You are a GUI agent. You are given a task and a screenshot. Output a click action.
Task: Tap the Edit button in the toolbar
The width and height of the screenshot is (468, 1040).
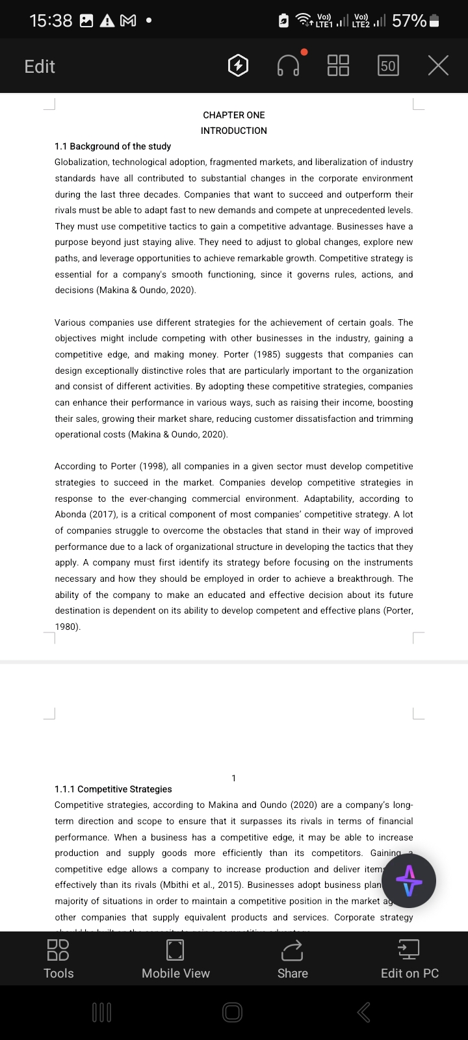[x=40, y=66]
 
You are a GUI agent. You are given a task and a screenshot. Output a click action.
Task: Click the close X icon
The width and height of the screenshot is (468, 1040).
[x=438, y=65]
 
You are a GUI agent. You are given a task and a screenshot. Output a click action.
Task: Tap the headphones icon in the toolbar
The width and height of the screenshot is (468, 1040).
[x=289, y=65]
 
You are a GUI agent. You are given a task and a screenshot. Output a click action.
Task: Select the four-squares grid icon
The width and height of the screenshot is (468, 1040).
[x=338, y=65]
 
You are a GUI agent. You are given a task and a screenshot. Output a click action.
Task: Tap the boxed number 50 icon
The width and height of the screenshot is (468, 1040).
[x=388, y=66]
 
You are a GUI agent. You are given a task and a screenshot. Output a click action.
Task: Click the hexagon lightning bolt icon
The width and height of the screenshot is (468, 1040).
[x=239, y=66]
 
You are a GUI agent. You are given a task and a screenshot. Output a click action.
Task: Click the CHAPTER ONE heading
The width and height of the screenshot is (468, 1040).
[x=234, y=115]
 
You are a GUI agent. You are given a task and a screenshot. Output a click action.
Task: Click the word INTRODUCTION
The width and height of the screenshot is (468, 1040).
[x=234, y=131]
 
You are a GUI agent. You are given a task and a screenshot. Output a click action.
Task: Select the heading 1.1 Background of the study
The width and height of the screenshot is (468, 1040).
[x=113, y=146]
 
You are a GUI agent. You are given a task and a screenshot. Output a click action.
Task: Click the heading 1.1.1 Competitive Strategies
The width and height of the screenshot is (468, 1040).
[x=113, y=789]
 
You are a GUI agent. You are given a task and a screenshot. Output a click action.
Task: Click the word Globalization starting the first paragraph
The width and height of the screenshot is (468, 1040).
[x=81, y=162]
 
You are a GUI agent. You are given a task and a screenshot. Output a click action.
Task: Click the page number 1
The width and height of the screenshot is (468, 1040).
[x=234, y=778]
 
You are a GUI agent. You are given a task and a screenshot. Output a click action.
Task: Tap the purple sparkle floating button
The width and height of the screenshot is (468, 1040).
[x=409, y=881]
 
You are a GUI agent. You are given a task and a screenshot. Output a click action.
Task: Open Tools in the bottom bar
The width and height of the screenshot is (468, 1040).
[x=58, y=959]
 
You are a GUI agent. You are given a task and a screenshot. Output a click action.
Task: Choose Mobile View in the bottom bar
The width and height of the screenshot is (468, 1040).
[x=175, y=959]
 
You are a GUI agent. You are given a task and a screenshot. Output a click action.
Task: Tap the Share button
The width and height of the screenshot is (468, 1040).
[x=292, y=959]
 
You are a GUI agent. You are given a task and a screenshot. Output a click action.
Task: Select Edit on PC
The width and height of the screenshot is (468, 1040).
[x=409, y=959]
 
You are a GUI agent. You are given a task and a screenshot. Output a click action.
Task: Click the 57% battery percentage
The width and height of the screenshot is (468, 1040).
[x=409, y=21]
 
